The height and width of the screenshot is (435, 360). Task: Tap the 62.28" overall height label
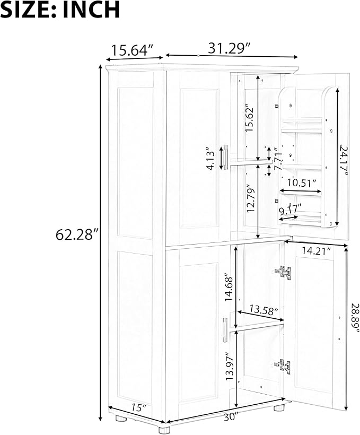(77, 234)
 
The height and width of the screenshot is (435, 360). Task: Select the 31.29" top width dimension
(230, 48)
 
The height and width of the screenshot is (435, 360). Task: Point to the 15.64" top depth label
(133, 50)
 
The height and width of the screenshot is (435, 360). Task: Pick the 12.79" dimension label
(251, 198)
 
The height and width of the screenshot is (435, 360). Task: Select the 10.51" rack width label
(302, 183)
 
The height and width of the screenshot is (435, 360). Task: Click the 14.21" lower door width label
(317, 251)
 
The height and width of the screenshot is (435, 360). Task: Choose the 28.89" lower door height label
(355, 318)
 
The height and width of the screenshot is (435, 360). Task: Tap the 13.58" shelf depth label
(264, 310)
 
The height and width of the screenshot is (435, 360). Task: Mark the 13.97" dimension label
(230, 366)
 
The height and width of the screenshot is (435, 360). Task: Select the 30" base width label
(231, 417)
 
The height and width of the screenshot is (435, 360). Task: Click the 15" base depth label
(139, 407)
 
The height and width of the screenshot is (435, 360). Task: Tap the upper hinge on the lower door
(283, 272)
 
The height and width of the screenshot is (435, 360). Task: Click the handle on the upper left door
(225, 157)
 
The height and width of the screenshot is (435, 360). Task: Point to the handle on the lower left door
(225, 330)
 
